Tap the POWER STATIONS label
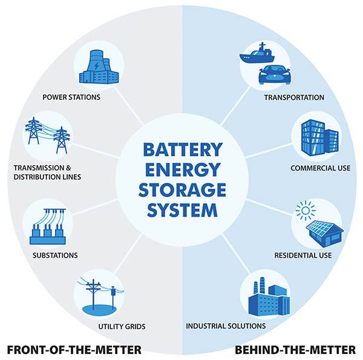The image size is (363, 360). pyautogui.click(x=71, y=97)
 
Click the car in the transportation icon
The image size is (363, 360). pyautogui.click(x=274, y=74)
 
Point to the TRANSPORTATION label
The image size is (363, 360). pyautogui.click(x=294, y=97)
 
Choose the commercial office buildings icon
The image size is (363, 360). pyautogui.click(x=319, y=137)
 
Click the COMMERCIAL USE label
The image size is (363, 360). pyautogui.click(x=321, y=168)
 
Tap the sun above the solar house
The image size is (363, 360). pyautogui.click(x=306, y=211)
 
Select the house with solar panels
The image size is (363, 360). pyautogui.click(x=324, y=234)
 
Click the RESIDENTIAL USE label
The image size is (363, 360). pyautogui.click(x=303, y=255)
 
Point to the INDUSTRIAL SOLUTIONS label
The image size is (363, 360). pyautogui.click(x=226, y=326)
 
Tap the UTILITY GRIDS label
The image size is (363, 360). pyautogui.click(x=122, y=327)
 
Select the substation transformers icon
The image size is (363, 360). pyautogui.click(x=48, y=227)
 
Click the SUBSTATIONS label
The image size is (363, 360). pyautogui.click(x=55, y=255)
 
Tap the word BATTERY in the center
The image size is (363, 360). pyautogui.click(x=183, y=149)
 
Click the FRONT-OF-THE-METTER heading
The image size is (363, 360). pyautogui.click(x=74, y=350)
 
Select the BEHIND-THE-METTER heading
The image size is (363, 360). pyautogui.click(x=295, y=350)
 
